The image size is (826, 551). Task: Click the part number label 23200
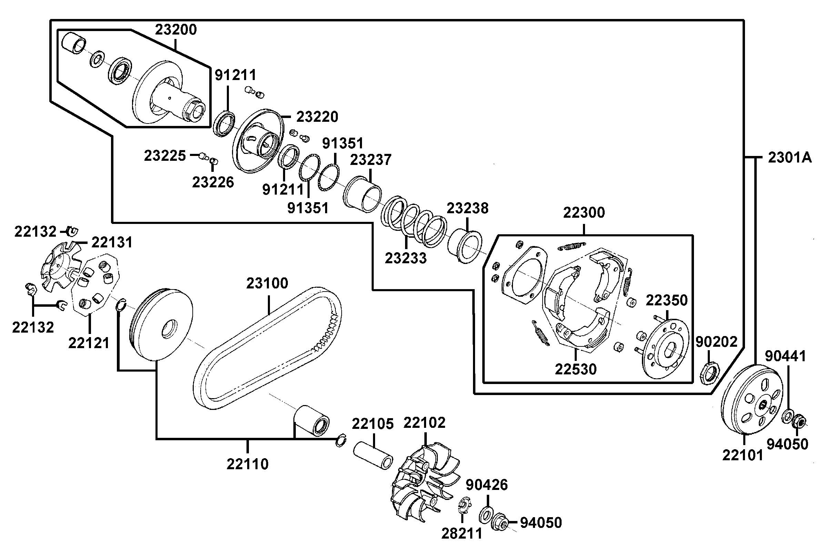(176, 30)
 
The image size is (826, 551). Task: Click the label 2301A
(790, 158)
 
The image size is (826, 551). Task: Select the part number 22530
(575, 369)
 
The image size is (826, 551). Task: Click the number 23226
(213, 182)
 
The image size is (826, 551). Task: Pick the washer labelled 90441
(787, 417)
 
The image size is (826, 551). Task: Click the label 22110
(248, 464)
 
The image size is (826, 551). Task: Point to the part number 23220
(317, 117)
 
